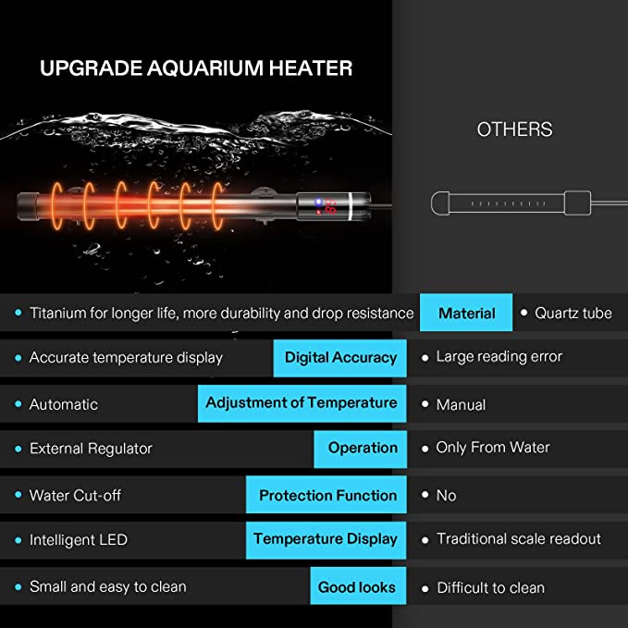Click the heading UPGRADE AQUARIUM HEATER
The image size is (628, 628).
pyautogui.click(x=196, y=68)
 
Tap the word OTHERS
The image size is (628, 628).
pyautogui.click(x=514, y=129)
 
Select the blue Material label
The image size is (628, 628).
pyautogui.click(x=466, y=313)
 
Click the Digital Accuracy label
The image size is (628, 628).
pyautogui.click(x=340, y=358)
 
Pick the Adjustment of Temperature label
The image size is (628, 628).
pyautogui.click(x=302, y=403)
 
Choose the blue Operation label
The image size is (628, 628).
pyautogui.click(x=361, y=449)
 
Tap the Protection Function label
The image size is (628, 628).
pyautogui.click(x=326, y=495)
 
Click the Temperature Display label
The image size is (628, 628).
pyautogui.click(x=326, y=540)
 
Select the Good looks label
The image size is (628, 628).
pyautogui.click(x=358, y=586)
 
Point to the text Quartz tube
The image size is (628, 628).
pyautogui.click(x=573, y=313)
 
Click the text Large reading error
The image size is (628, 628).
pyautogui.click(x=499, y=356)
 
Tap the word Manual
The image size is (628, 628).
pyautogui.click(x=461, y=404)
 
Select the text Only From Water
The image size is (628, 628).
pyautogui.click(x=493, y=448)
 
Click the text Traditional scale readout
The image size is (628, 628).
pyautogui.click(x=519, y=538)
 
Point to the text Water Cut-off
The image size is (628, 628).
pyautogui.click(x=75, y=496)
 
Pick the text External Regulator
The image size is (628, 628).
pyautogui.click(x=91, y=449)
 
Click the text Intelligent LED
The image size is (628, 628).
pyautogui.click(x=79, y=540)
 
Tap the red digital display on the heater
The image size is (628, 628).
pyautogui.click(x=329, y=206)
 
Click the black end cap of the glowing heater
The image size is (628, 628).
pyautogui.click(x=27, y=206)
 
